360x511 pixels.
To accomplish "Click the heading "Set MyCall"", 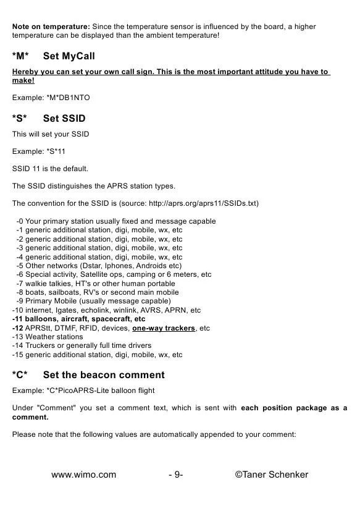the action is pos(69,57).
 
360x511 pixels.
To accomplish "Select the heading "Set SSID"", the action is pos(64,118).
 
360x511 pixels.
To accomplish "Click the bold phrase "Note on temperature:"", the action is pos(51,27).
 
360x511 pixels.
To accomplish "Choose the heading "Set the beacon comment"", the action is pos(104,375).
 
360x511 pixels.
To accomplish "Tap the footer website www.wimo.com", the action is pos(83,475).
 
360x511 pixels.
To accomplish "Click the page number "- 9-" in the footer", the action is pos(175,475).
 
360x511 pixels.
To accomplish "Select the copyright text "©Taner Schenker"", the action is pos(272,475).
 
